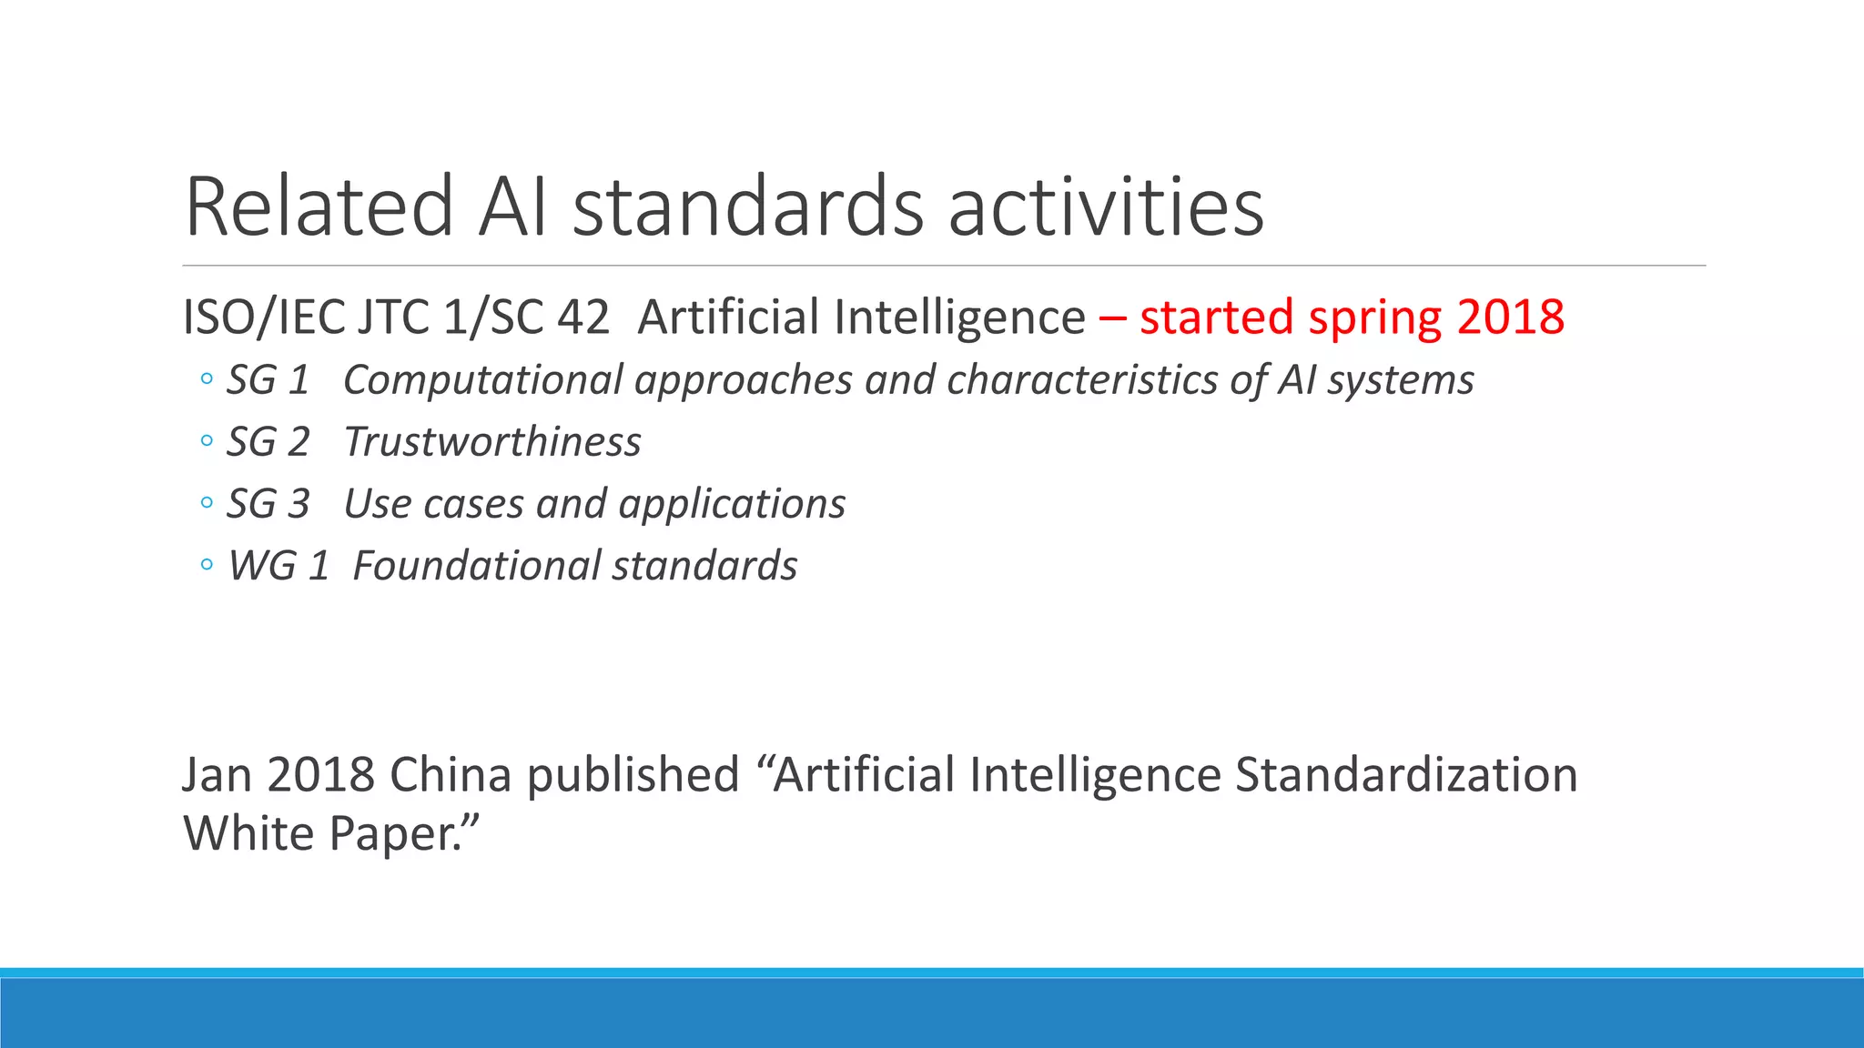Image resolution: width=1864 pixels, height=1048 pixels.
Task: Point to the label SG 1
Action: (268, 380)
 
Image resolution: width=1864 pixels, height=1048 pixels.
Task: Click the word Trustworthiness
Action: (492, 442)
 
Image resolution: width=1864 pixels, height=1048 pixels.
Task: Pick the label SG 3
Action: (268, 504)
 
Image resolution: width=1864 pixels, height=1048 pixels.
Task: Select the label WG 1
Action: (278, 566)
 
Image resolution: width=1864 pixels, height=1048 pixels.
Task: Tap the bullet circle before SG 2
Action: (207, 442)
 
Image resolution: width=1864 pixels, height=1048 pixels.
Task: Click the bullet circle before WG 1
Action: (207, 566)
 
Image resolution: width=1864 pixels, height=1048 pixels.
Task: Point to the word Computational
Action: (483, 380)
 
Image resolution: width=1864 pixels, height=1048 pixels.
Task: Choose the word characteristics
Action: (1082, 380)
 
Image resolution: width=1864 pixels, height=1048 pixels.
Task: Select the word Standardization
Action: (1406, 775)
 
